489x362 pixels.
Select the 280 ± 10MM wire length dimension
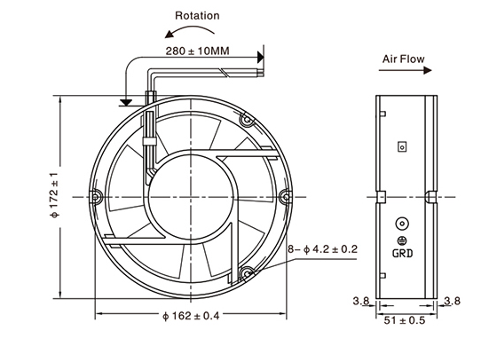click(x=195, y=51)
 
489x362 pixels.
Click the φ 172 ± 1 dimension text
click(x=54, y=194)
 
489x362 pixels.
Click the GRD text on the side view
click(x=403, y=252)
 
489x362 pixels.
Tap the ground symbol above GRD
click(x=402, y=238)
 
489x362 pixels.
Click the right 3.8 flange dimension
click(x=454, y=302)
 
